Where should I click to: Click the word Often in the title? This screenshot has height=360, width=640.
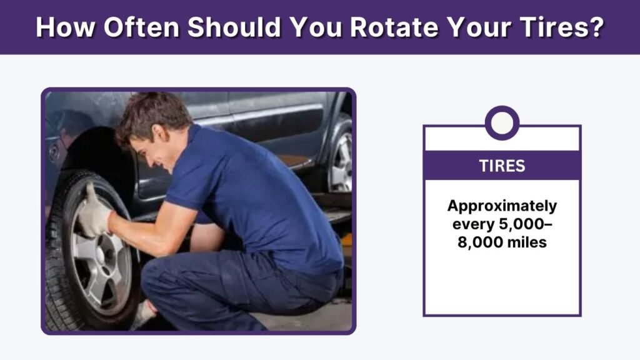click(x=141, y=27)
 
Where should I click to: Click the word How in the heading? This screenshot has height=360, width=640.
click(x=66, y=27)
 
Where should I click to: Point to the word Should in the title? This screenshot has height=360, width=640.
click(x=234, y=27)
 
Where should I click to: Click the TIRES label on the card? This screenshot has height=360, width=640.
click(x=502, y=166)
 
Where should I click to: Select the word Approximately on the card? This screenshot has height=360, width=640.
click(x=502, y=206)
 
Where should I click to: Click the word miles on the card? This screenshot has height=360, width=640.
click(x=526, y=242)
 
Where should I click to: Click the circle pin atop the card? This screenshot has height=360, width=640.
click(x=502, y=123)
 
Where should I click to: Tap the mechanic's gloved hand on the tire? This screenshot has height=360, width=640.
click(x=94, y=212)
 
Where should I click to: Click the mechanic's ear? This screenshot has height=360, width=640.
click(x=160, y=134)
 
